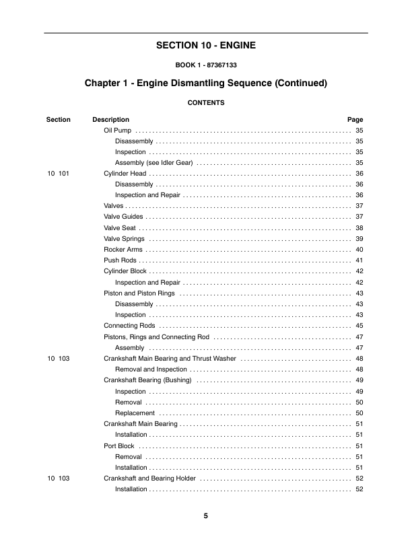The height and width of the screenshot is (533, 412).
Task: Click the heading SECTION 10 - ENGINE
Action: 206,46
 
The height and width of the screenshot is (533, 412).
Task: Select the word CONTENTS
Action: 206,103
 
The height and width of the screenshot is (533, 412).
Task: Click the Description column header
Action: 110,120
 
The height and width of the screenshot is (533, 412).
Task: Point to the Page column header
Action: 355,120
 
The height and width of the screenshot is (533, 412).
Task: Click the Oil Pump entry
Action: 117,131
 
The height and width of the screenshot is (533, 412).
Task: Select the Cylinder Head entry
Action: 125,174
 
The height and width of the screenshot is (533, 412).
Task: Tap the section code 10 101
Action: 59,174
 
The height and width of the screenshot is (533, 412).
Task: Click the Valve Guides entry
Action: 123,217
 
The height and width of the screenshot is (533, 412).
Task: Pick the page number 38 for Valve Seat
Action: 359,227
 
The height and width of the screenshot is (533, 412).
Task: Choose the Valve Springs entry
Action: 124,239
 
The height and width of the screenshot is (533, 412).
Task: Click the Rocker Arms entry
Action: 123,250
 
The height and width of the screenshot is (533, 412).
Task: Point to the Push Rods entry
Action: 119,260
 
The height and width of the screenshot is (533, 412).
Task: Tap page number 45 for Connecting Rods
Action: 359,326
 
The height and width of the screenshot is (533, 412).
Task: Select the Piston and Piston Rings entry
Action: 139,293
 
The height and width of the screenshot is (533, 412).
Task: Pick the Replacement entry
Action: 135,413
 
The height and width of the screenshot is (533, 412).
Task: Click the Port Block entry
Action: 119,446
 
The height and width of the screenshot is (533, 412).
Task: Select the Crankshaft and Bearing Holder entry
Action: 149,478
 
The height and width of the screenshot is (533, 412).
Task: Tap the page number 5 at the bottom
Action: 206,516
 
